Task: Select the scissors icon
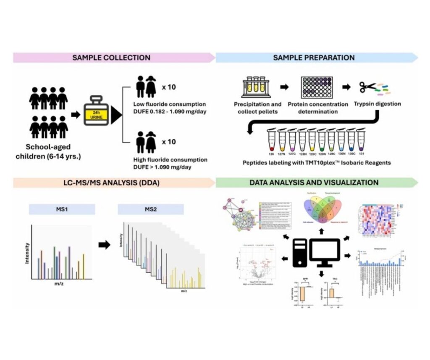pyautogui.click(x=366, y=87)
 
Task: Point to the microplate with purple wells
pyautogui.click(x=317, y=87)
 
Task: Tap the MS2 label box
pyautogui.click(x=151, y=209)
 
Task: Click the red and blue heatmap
pyautogui.click(x=376, y=218)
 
